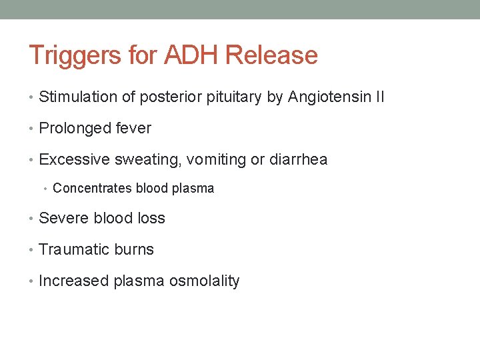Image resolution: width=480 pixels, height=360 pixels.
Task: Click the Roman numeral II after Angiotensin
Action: (379, 97)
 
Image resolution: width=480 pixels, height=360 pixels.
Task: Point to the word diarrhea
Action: (297, 159)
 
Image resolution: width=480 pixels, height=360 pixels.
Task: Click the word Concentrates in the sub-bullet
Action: (92, 188)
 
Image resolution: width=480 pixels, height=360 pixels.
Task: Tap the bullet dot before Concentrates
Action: (45, 189)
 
